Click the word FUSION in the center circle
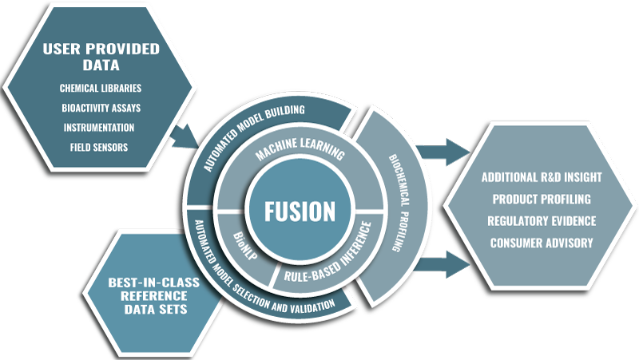point(300,212)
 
